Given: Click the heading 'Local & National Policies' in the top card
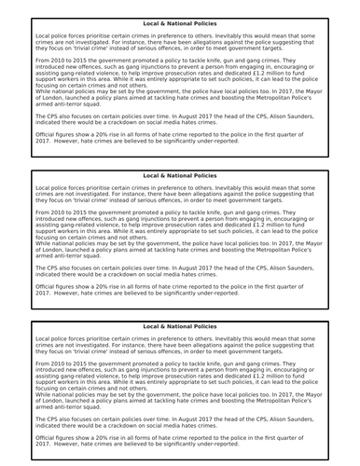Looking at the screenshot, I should (180, 21).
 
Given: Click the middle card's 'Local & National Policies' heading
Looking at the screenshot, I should (180, 174).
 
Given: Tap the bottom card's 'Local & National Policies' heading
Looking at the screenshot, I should (180, 326).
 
